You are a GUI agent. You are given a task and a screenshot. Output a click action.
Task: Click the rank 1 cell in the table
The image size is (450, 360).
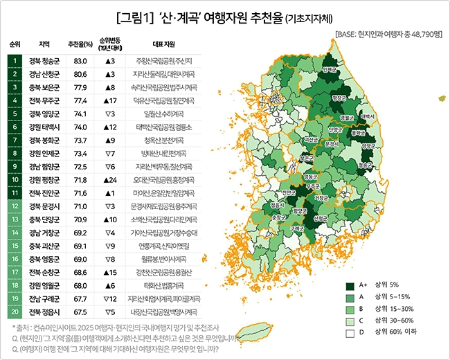click(15, 61)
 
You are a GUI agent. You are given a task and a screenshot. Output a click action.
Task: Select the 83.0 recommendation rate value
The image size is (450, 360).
click(80, 61)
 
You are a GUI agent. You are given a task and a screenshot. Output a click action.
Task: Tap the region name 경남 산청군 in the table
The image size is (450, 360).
click(44, 73)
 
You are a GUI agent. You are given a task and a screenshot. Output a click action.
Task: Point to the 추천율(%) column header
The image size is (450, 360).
click(80, 43)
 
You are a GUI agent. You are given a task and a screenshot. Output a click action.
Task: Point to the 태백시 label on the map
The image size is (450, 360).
click(368, 117)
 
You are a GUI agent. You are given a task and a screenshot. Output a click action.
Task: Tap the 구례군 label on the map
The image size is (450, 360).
click(298, 228)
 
